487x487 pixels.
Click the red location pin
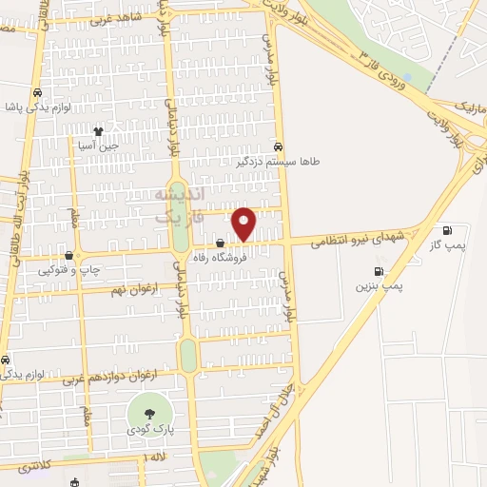click(x=244, y=224)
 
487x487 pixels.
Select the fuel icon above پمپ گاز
click(x=446, y=230)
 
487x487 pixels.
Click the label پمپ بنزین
click(x=380, y=285)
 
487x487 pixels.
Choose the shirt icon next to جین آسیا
click(x=97, y=132)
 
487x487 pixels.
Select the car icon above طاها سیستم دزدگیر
click(x=278, y=147)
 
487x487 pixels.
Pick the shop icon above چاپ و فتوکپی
click(x=68, y=256)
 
